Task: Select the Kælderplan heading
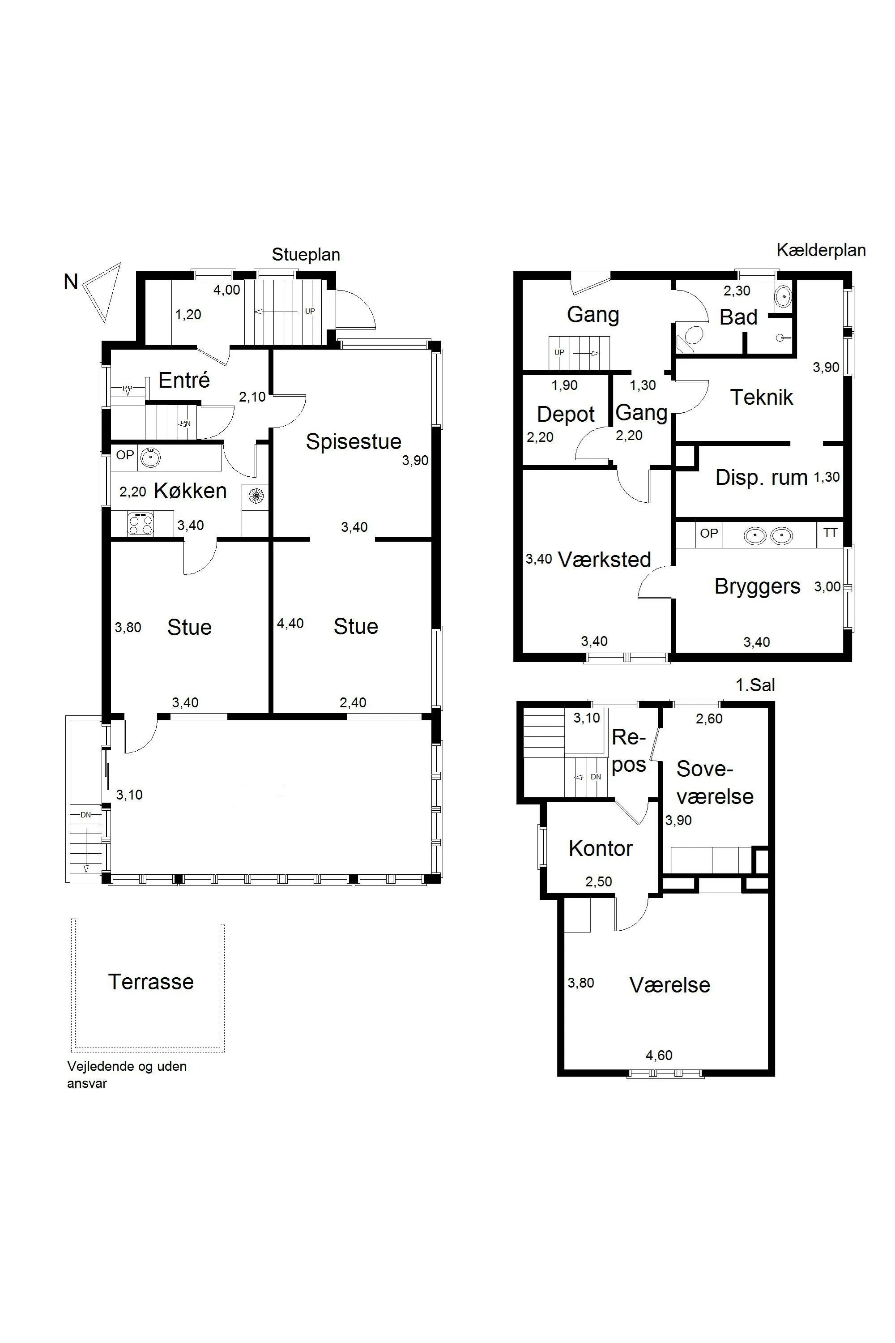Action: pos(821,250)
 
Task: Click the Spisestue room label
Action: pos(354,441)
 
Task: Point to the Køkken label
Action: pos(190,491)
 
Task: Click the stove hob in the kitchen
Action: pos(141,524)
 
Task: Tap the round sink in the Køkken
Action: pos(151,457)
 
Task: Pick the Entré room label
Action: pos(184,380)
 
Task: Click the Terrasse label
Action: pos(151,982)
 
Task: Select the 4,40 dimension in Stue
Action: pos(290,624)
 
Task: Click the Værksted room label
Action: pos(604,560)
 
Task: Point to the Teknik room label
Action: pos(762,398)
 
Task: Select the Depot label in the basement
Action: pos(566,415)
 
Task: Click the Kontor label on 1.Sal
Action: pos(601,848)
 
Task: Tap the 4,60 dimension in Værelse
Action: pos(659,1055)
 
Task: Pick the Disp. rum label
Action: pos(761,477)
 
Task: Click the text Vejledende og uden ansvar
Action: pos(127,1075)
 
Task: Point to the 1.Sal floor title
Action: pos(755,685)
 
